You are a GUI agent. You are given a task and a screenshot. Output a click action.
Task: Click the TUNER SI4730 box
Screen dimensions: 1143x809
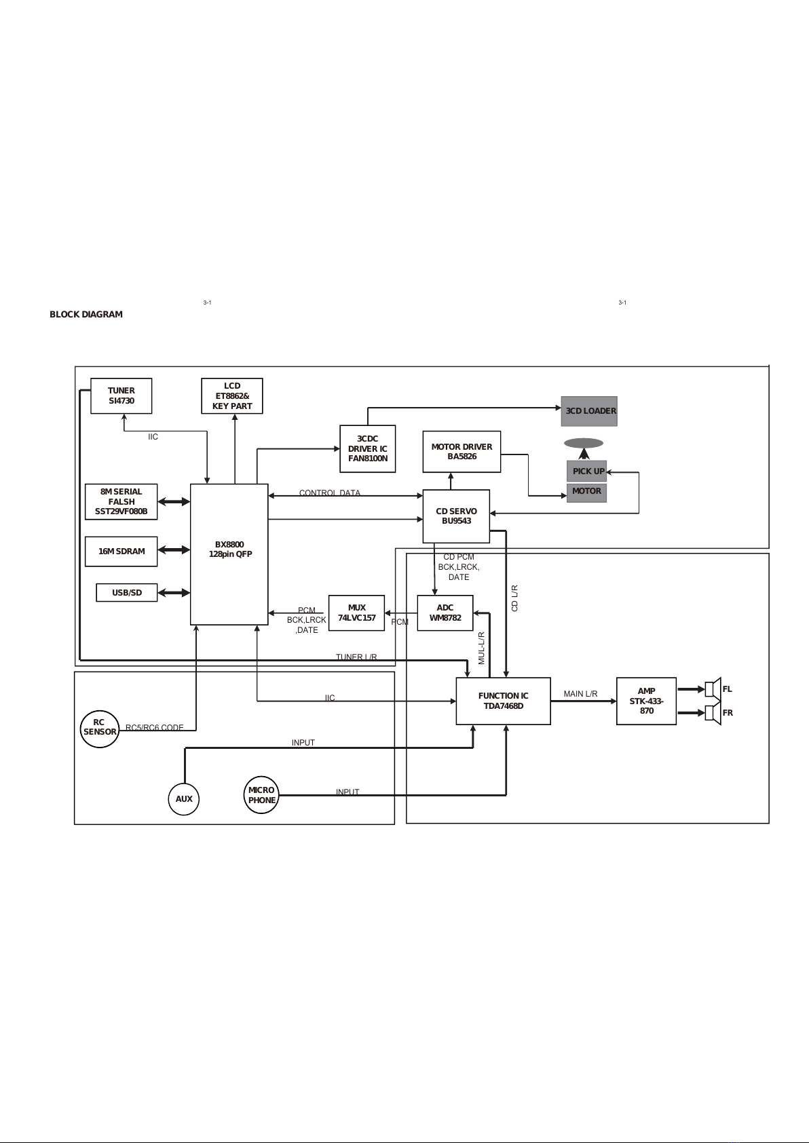click(121, 395)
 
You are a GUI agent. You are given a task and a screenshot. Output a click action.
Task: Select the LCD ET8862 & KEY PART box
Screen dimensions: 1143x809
click(232, 396)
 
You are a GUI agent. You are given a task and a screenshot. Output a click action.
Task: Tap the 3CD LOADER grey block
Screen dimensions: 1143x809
click(589, 411)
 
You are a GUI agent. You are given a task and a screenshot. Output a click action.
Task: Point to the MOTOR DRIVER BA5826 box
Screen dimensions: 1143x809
click(462, 452)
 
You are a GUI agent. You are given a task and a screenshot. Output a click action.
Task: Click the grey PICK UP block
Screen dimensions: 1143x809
click(587, 471)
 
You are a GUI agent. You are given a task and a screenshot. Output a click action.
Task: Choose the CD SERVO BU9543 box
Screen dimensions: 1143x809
click(456, 516)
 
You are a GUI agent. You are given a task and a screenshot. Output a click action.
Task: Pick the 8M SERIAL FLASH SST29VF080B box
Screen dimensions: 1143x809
click(121, 502)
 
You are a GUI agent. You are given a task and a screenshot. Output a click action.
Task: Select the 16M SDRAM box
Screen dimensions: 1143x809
click(121, 551)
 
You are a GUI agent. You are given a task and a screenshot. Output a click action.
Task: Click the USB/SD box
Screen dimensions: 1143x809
click(126, 593)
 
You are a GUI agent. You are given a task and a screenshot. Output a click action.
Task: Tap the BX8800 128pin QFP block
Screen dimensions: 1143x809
click(229, 554)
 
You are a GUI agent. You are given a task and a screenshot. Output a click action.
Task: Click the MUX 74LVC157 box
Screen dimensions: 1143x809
click(356, 613)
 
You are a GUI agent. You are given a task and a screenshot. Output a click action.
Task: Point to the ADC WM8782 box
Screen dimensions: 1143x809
click(445, 613)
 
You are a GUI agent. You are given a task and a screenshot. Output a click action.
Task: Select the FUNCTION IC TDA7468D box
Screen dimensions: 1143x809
click(503, 701)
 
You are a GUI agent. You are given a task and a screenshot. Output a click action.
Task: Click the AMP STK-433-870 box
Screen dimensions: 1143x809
click(646, 701)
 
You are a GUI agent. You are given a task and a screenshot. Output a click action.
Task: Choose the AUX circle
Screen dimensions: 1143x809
click(184, 799)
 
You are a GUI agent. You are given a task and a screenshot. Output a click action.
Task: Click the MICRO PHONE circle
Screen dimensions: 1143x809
click(261, 795)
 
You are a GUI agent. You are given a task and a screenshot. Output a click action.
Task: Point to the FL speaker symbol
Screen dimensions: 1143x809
click(712, 689)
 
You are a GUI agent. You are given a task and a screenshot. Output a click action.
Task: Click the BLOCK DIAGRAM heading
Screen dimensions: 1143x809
click(86, 315)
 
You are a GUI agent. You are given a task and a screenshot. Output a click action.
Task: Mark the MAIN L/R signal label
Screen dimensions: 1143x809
click(580, 694)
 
